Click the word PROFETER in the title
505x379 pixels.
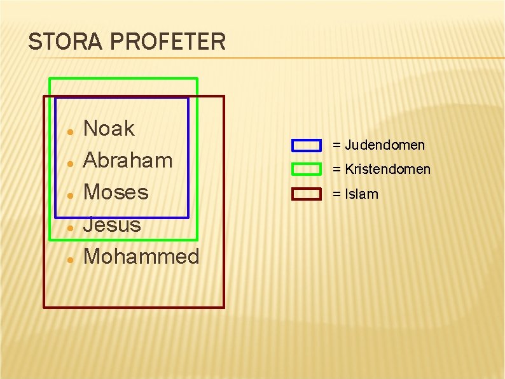169,42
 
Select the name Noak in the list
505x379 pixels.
109,129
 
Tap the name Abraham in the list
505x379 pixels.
128,161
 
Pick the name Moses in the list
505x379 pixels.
116,192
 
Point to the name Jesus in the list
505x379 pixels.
112,224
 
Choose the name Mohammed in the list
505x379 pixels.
141,256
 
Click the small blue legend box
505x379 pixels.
306,145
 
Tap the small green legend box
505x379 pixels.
306,169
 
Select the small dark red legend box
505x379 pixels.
306,194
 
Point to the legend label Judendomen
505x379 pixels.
385,145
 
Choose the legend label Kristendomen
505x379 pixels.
388,169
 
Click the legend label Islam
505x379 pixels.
361,194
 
